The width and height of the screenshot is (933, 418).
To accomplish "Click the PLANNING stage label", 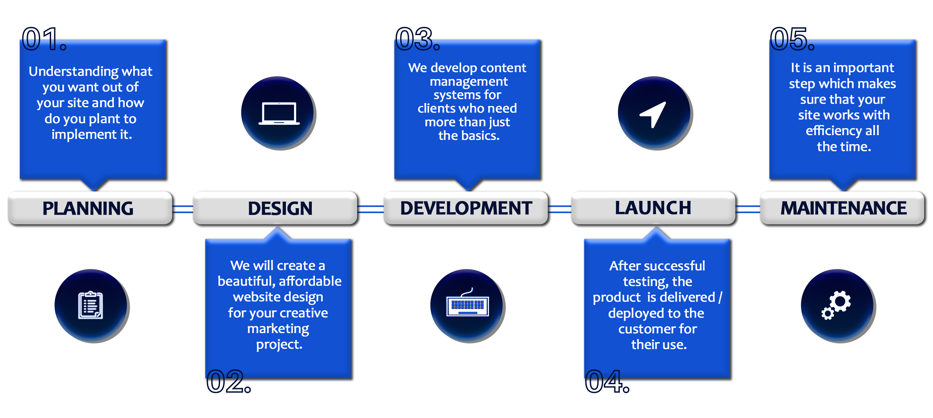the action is click(x=88, y=208).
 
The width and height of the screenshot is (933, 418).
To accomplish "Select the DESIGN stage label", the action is click(x=280, y=208).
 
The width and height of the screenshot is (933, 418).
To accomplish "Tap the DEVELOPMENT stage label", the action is click(x=466, y=208).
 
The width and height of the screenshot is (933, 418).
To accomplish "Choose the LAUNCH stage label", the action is click(x=653, y=207).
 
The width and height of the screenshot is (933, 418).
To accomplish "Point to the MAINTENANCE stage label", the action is click(x=843, y=208).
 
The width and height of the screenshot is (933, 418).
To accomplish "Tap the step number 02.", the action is click(x=229, y=381).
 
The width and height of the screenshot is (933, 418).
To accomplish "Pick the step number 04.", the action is click(x=607, y=381).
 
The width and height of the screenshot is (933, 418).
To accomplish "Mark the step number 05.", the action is click(x=793, y=39).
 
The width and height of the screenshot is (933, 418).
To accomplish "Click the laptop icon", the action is click(x=279, y=113).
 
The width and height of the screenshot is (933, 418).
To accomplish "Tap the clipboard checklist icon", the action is click(x=91, y=305).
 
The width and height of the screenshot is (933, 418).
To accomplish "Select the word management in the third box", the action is click(x=469, y=82).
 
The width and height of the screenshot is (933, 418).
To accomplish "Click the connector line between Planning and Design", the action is click(x=183, y=209).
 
